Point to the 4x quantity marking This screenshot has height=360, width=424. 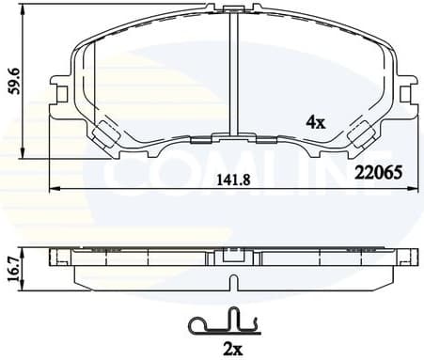pos(316,120)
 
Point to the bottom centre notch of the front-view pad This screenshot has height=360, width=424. pos(230,140)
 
